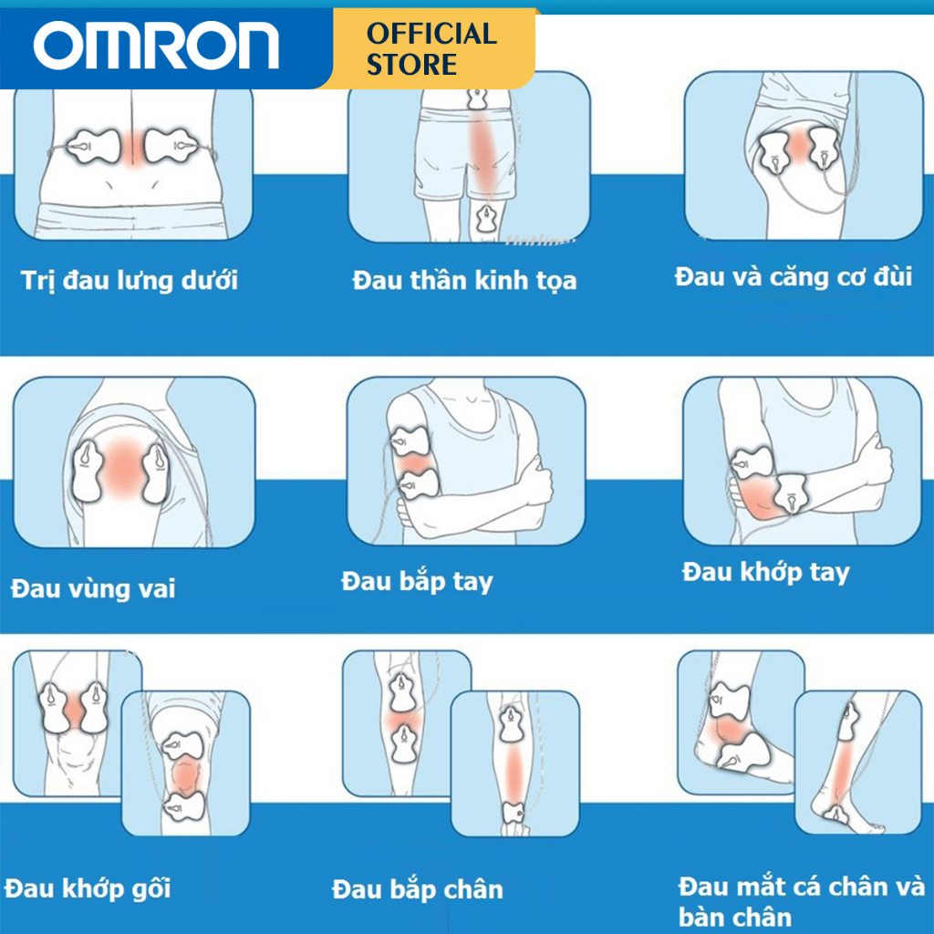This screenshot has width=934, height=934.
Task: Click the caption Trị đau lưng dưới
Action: point(130,280)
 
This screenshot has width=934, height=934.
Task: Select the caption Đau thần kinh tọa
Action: point(464,280)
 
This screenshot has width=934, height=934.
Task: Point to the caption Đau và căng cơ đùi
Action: point(794,276)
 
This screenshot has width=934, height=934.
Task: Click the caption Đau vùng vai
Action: point(93,588)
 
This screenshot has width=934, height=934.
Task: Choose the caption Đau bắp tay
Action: point(417,581)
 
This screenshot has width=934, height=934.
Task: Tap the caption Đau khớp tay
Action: point(765,573)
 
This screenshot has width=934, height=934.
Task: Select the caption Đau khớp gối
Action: point(88,887)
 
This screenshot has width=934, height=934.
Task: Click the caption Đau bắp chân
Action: point(417,888)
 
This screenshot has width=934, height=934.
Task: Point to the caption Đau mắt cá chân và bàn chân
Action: point(801,899)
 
